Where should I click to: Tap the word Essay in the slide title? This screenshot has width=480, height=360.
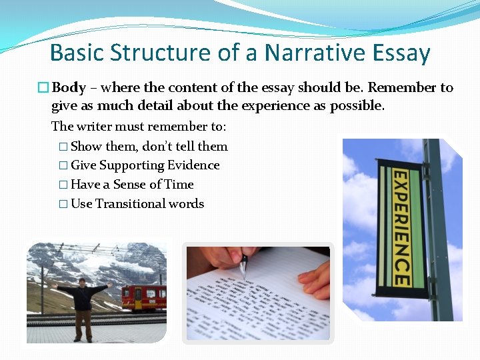pos(399,52)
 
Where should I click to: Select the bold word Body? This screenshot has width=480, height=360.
pos(69,87)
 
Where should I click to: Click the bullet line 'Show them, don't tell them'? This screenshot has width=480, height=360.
pos(149,146)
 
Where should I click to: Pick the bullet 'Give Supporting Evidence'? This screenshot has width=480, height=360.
pos(145,165)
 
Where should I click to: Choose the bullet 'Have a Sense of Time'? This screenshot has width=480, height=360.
pos(132,185)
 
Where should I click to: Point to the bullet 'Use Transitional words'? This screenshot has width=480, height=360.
pos(137,204)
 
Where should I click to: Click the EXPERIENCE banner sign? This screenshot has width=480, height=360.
pos(399,227)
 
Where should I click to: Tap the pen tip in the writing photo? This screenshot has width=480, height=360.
pos(243,275)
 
